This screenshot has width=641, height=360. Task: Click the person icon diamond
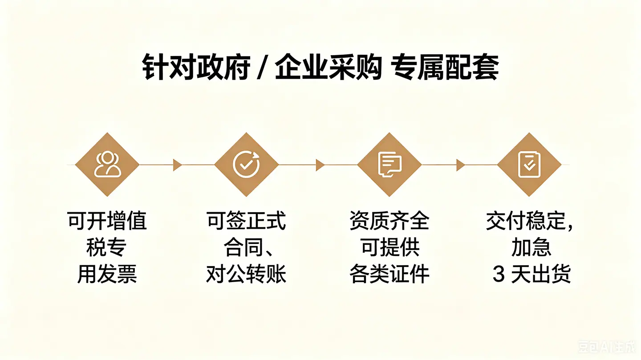point(107,165)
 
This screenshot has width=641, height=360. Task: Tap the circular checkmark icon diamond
point(246,165)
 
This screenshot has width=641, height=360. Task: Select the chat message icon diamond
point(389,165)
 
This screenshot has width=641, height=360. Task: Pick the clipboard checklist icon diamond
point(529,165)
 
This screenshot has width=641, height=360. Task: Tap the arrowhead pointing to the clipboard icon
point(460,165)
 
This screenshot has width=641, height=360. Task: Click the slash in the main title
point(260,68)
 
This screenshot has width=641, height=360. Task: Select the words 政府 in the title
point(223,68)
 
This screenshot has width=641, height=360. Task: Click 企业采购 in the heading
point(329,68)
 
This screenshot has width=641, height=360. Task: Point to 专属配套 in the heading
point(445,68)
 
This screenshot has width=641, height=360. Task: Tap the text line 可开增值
point(107,221)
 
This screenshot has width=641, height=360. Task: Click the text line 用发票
point(107,274)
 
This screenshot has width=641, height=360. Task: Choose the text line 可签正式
point(246,221)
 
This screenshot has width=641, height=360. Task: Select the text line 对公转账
point(246,274)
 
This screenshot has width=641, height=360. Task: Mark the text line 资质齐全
point(389,221)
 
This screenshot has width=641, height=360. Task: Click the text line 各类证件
point(389,274)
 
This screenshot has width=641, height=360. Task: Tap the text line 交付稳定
point(526,221)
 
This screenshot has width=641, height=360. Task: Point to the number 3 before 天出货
point(499,274)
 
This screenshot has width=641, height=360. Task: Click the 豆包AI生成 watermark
point(606,347)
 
